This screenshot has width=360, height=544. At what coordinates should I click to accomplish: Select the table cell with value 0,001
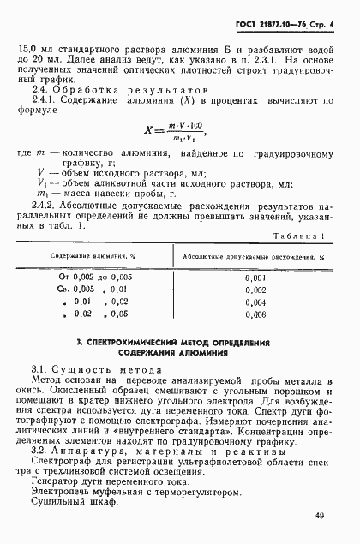[255, 278]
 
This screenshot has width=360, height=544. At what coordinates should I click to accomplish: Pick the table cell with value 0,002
[255, 290]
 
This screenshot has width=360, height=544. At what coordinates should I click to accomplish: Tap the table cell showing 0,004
[255, 302]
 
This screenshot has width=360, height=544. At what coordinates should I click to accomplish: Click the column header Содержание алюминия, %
[95, 255]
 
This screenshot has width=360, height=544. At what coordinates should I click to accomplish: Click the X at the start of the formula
[151, 134]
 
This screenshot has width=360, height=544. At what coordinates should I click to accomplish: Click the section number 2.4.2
[43, 206]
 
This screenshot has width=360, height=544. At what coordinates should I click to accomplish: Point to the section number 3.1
[39, 368]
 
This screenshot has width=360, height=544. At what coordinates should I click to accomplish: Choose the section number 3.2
[39, 449]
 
